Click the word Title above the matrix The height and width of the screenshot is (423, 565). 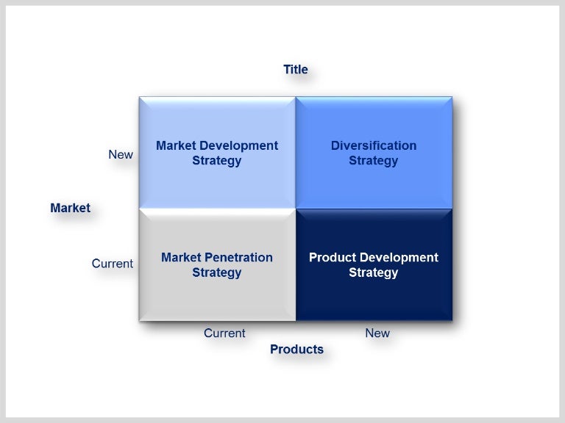click(x=295, y=70)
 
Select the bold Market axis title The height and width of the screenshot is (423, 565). click(x=70, y=208)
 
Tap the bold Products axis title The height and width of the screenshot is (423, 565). click(x=296, y=349)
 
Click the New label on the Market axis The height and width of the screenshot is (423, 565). click(x=121, y=154)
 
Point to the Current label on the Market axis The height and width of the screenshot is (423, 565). click(x=113, y=263)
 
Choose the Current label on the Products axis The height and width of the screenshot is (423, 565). click(x=224, y=333)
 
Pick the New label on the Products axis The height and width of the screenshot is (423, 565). click(x=377, y=333)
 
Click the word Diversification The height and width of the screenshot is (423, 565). click(x=374, y=145)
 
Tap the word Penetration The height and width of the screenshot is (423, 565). click(x=237, y=257)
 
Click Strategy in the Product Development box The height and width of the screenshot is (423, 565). click(x=374, y=272)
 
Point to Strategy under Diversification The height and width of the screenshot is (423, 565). click(x=374, y=161)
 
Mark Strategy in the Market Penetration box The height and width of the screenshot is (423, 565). click(x=217, y=272)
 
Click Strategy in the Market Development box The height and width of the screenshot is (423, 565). click(x=217, y=161)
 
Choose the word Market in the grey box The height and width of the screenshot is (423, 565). click(x=180, y=257)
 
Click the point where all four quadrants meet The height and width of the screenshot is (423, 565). click(x=296, y=209)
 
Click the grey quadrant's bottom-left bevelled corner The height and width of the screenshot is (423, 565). click(x=142, y=318)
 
